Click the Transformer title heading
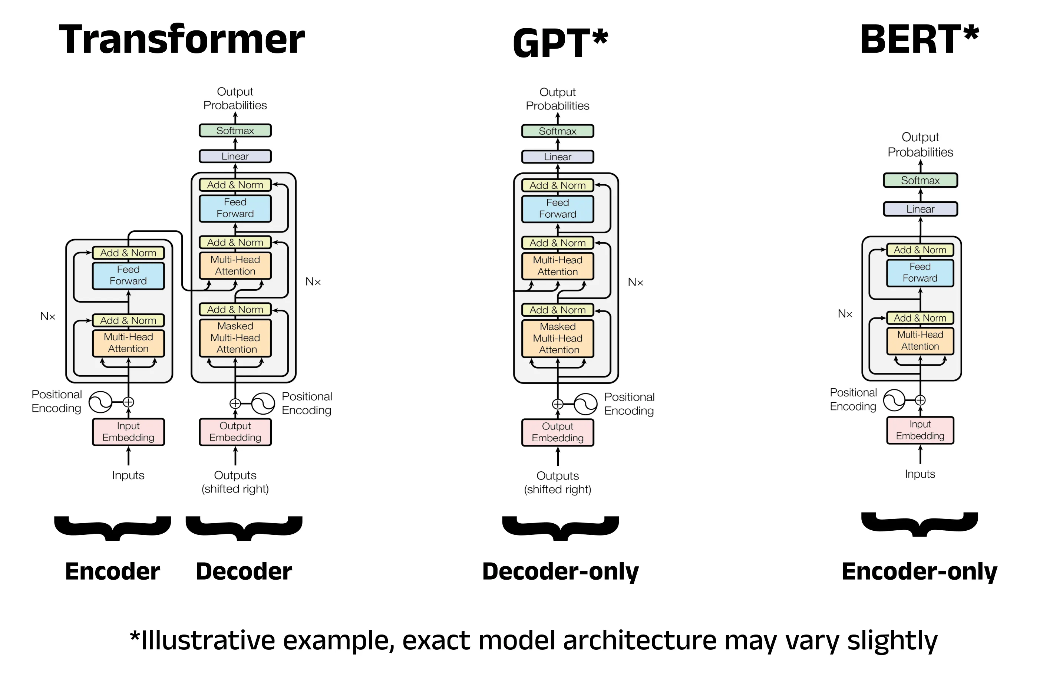coord(182,40)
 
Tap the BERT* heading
coord(919,40)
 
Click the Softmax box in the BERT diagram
coord(920,180)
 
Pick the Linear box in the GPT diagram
coord(557,157)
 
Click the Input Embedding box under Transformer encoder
coord(128,432)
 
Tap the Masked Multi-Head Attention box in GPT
coord(557,338)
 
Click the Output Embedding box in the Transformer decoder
coord(235,432)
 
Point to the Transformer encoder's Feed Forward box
coord(128,276)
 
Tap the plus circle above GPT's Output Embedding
coord(557,404)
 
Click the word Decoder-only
coord(560,571)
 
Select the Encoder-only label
coord(919,571)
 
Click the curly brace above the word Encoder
coord(112,528)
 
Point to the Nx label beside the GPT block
coord(636,282)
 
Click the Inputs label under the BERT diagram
coord(920,474)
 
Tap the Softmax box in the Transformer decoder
coord(235,131)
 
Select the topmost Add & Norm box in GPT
coord(557,185)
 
